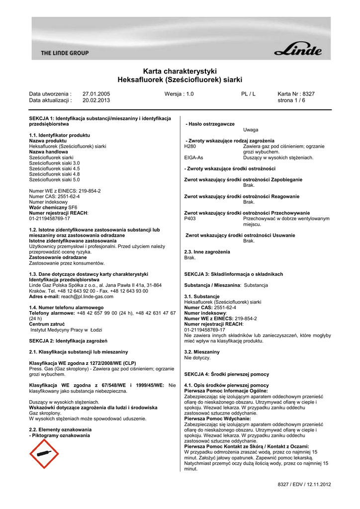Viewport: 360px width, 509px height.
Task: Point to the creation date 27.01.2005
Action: [96, 93]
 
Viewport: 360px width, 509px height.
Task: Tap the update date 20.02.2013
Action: [96, 100]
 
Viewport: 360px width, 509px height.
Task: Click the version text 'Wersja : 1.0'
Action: [179, 93]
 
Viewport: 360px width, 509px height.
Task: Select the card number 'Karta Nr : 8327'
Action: [296, 93]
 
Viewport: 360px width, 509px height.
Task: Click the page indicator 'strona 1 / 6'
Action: [291, 100]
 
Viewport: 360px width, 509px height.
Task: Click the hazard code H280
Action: [190, 147]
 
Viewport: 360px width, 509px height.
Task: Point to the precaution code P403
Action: [190, 218]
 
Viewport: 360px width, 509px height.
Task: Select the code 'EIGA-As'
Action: [193, 158]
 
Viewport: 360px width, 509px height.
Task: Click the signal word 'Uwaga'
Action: [251, 130]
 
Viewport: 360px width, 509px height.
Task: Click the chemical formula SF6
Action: [73, 207]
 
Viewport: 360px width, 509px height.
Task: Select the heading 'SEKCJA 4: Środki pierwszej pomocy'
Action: [226, 374]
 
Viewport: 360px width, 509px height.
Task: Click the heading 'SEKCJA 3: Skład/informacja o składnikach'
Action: [233, 274]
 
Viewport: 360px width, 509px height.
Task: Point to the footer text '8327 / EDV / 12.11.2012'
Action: [304, 484]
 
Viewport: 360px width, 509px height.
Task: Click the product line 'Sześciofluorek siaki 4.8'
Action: [54, 174]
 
